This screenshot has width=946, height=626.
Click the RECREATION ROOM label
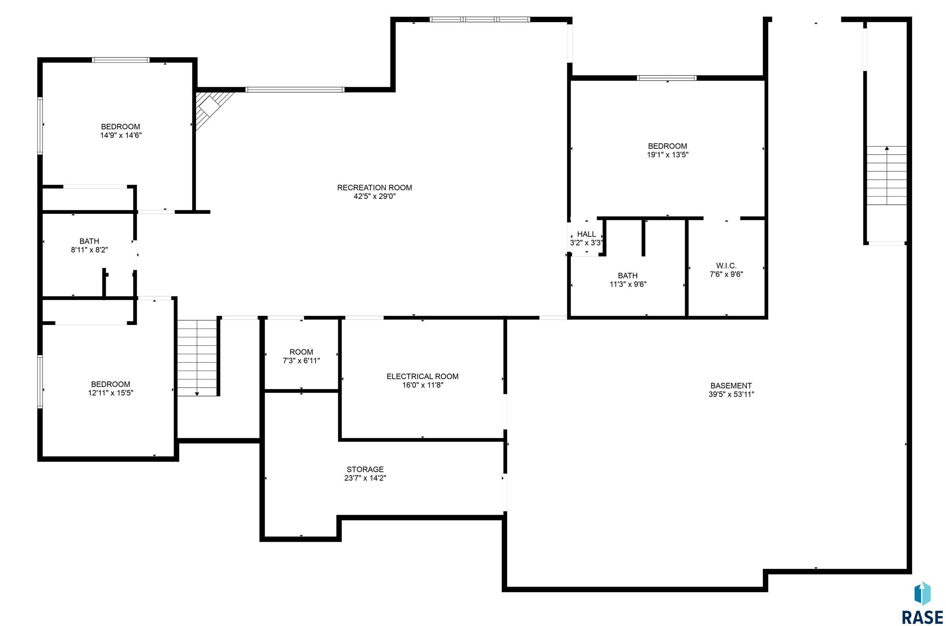point(374,188)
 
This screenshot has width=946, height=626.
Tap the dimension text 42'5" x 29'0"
point(374,196)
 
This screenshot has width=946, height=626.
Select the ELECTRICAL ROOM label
point(422,377)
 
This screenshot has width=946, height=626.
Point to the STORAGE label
point(365,470)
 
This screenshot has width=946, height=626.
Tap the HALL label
point(586,234)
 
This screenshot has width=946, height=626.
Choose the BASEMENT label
point(731,386)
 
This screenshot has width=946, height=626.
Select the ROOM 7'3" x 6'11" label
point(301,356)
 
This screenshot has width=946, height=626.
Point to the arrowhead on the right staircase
point(887,148)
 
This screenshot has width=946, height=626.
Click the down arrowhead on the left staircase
point(197,394)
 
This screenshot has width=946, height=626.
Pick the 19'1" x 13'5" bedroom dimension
point(667,155)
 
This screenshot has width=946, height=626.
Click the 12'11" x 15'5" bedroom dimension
point(111,393)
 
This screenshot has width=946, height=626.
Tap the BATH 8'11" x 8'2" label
point(89,245)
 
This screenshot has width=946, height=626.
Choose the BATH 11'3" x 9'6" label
point(628,280)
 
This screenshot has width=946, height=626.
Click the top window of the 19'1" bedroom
point(667,78)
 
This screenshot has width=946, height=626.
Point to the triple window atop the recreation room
point(480,19)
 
